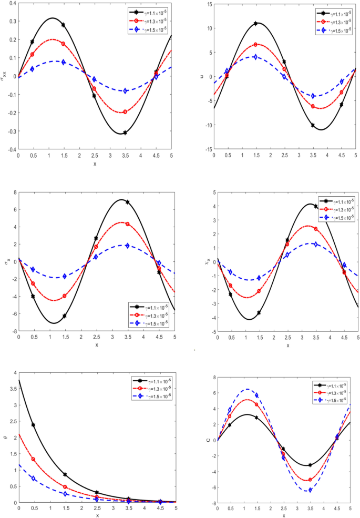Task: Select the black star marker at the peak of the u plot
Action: click(256, 23)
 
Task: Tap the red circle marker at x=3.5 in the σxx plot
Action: click(125, 111)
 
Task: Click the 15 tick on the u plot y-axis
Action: click(208, 4)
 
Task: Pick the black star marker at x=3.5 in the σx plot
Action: click(127, 202)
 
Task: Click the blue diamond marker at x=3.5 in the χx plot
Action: click(316, 244)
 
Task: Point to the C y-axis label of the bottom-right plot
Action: click(202, 440)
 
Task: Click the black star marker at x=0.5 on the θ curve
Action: click(33, 424)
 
